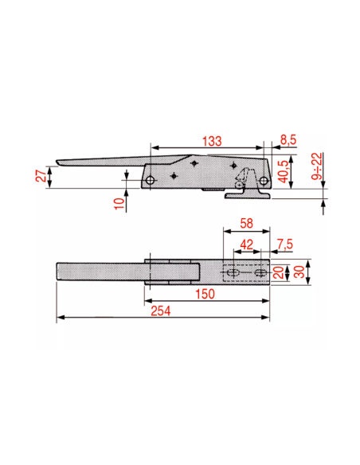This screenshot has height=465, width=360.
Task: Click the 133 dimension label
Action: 212,141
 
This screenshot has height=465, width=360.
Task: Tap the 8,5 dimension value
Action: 288,139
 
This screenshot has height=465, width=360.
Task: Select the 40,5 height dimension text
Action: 284,172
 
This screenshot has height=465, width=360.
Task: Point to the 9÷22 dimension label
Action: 316,166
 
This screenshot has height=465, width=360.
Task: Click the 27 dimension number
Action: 41,175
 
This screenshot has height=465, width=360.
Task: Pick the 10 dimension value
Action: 119,203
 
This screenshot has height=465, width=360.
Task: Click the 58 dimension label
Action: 246,223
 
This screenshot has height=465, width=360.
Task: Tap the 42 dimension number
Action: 246,244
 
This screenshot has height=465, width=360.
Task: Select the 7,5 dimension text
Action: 285,244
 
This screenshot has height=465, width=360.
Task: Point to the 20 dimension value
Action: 279,272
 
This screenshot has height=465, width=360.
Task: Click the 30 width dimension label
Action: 299,272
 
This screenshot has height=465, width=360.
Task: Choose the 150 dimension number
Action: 205,294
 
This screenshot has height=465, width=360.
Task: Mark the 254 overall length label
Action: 161,311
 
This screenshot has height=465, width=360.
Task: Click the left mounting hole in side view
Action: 151,180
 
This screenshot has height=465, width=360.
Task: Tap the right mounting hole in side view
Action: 263,180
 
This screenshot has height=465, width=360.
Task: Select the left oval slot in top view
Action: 233,272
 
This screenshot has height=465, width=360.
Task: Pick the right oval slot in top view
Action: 261,272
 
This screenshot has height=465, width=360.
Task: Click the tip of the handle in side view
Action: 57,162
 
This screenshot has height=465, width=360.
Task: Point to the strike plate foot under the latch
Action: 248,195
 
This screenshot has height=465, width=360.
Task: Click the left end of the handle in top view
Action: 57,271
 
